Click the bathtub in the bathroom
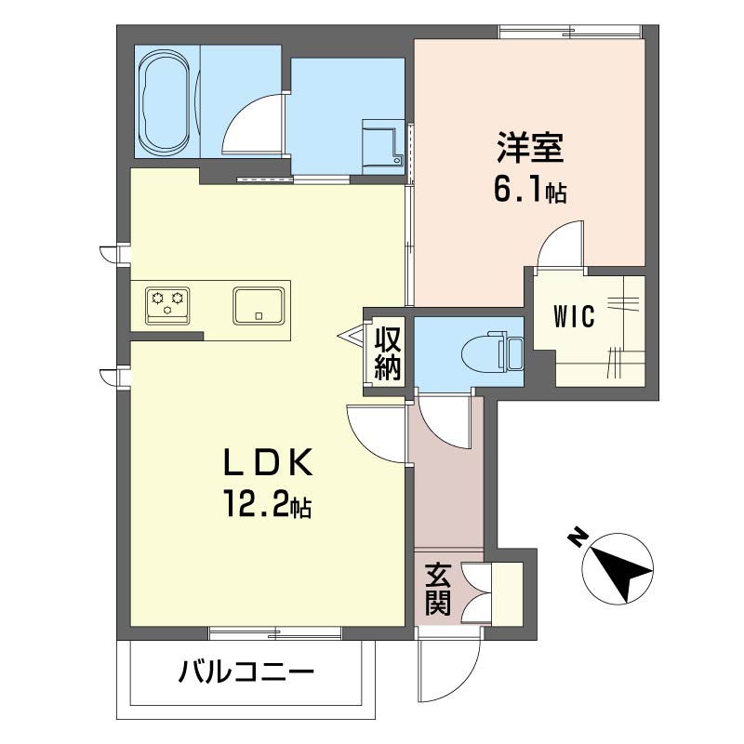[166, 102]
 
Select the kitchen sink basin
[259, 306]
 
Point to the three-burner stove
[167, 306]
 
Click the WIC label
[574, 316]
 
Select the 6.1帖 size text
[530, 190]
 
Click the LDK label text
[268, 461]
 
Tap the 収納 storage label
[388, 353]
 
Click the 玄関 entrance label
[437, 589]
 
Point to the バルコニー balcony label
[246, 672]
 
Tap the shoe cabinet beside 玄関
[507, 594]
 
